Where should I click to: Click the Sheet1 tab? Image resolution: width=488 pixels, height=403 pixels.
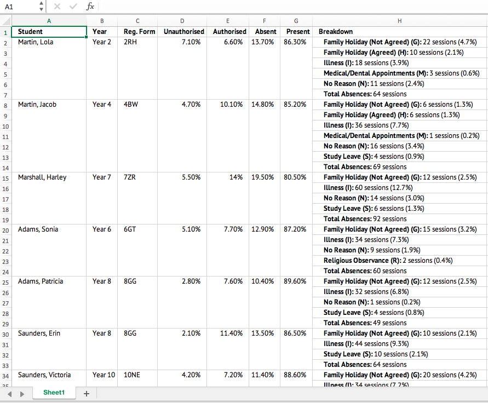[54, 393]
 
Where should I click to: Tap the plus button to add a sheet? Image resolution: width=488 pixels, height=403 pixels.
[87, 393]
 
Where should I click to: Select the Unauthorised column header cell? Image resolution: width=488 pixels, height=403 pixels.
[183, 32]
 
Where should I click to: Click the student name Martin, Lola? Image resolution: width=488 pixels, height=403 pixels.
[36, 42]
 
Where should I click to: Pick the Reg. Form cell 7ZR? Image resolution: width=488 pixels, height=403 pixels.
[130, 177]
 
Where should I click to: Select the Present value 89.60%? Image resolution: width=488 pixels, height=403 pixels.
[295, 281]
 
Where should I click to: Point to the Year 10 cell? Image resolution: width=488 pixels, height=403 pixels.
[104, 375]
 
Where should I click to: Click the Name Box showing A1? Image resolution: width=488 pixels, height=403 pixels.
[19, 7]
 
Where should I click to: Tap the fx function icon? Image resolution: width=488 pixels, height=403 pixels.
[90, 7]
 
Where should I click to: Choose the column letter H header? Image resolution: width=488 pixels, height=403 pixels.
[399, 21]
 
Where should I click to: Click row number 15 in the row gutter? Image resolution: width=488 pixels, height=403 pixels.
[5, 178]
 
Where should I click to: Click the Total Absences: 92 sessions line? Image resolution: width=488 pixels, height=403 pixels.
[365, 219]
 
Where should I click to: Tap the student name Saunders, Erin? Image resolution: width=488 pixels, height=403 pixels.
[39, 333]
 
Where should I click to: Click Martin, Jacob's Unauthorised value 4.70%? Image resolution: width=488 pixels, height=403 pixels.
[191, 105]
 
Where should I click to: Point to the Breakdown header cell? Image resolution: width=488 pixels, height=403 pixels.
[336, 32]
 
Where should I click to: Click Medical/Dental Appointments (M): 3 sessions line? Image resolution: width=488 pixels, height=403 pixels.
[401, 73]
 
